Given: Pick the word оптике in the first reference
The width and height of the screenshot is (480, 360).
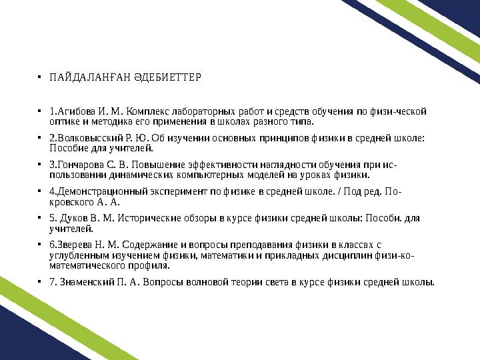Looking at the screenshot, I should (65, 122).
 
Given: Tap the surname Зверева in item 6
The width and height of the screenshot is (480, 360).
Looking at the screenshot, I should (75, 245).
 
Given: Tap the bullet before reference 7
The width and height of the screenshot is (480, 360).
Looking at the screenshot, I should (41, 282).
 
